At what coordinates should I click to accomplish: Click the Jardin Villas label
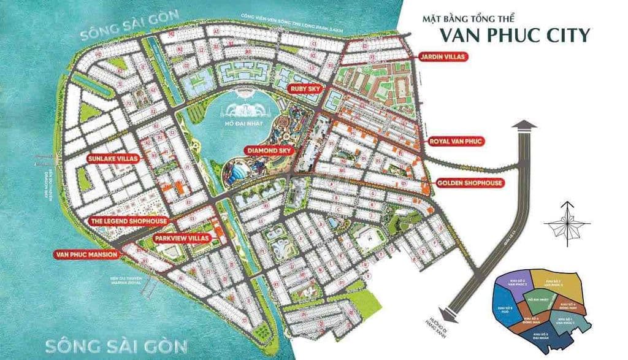point(443,57)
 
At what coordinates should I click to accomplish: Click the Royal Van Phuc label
point(456,141)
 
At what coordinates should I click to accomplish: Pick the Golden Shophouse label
point(470,183)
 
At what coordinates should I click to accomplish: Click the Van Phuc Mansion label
point(85,255)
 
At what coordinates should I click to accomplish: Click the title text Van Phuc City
point(518,35)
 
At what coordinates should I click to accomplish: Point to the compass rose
point(568,223)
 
